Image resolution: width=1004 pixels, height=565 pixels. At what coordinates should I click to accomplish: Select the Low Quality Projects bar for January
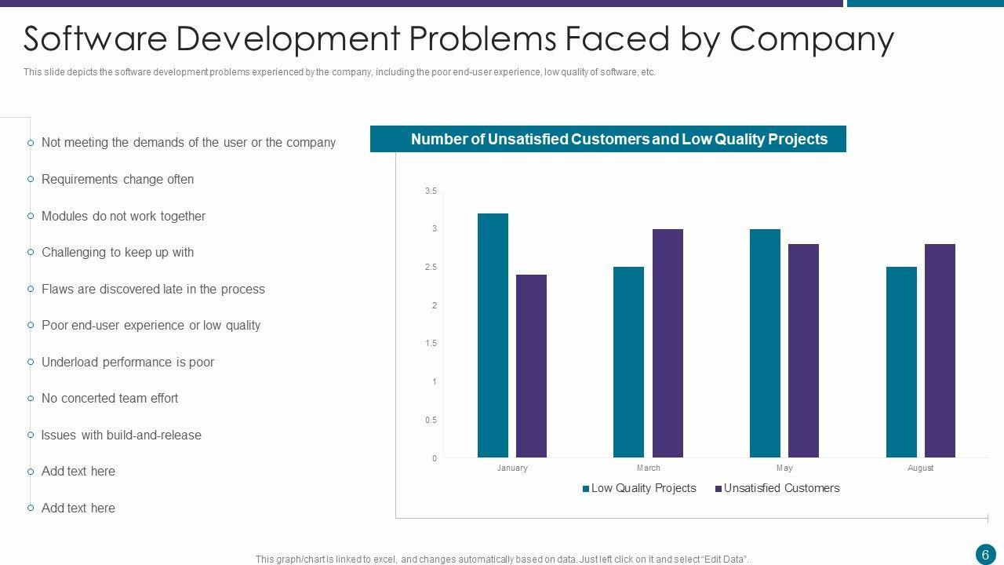[x=493, y=335]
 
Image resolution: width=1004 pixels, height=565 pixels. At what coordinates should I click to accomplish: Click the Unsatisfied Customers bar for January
[x=531, y=366]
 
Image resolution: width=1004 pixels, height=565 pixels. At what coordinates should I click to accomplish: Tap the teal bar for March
[x=628, y=362]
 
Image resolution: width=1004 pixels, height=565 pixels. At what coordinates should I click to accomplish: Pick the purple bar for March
[x=668, y=343]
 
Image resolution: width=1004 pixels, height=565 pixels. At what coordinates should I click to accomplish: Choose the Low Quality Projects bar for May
[x=765, y=343]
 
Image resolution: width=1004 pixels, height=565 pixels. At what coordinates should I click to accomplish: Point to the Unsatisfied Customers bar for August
[x=940, y=351]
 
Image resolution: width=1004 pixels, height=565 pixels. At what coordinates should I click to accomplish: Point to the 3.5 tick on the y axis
[x=431, y=191]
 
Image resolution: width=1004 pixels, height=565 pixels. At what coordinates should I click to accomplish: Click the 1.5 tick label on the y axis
[x=431, y=344]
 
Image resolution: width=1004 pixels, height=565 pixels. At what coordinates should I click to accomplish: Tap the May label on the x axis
[x=784, y=468]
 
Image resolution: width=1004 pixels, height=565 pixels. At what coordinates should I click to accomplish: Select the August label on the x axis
[x=920, y=468]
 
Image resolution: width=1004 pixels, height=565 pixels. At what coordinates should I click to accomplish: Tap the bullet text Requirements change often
[x=118, y=179]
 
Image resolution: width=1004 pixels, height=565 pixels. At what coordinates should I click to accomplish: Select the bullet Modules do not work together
[x=123, y=216]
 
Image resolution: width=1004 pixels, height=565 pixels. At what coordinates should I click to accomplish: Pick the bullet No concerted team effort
[x=110, y=398]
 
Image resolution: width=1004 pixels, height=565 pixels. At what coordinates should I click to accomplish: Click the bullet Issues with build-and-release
[x=122, y=435]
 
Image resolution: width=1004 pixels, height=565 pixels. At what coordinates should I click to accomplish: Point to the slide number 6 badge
[x=985, y=554]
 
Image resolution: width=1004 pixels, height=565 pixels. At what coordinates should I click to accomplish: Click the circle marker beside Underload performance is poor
[x=31, y=362]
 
